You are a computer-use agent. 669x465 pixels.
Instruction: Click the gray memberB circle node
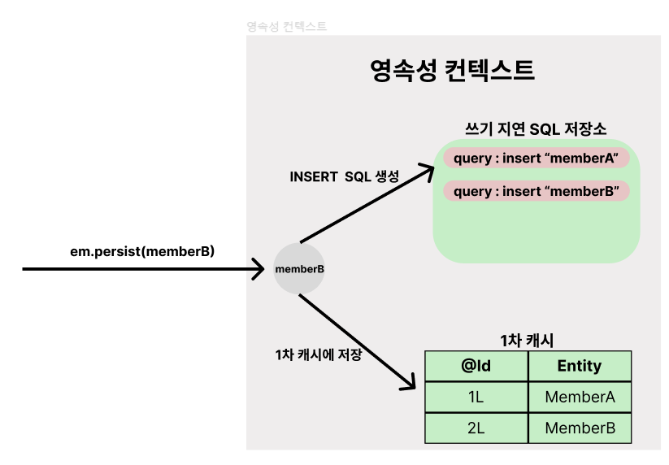point(299,268)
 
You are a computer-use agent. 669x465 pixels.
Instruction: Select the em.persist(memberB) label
point(142,251)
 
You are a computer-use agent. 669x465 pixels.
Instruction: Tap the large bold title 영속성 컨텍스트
point(452,71)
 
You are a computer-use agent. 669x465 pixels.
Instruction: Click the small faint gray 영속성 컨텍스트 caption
point(286,27)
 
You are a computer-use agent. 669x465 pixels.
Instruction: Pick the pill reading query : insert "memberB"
point(537,191)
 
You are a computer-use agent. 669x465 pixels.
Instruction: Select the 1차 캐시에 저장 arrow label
point(318,355)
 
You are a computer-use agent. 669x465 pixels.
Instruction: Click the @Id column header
point(476,366)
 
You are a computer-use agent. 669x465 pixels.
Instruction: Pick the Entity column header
point(579,366)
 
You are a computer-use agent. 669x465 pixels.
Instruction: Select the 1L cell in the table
point(476,397)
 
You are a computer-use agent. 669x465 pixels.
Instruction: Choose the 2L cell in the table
point(476,428)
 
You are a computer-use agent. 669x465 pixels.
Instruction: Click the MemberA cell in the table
point(580,397)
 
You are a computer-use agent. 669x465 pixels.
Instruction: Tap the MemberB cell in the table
point(580,428)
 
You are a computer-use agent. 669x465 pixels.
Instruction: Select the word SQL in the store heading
point(545,128)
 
